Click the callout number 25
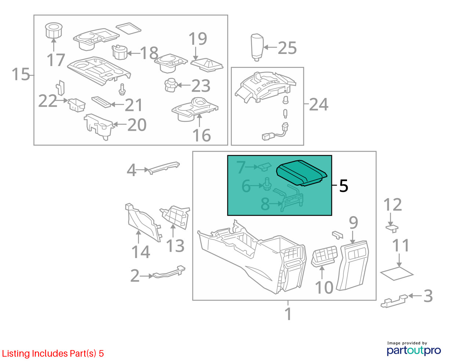tap(287, 48)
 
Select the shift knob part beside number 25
tap(257, 47)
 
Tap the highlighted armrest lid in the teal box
tap(302, 173)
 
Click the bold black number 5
tap(343, 186)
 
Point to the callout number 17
tap(56, 60)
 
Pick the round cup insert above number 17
tap(54, 30)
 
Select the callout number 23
tap(201, 86)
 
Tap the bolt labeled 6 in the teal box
tap(267, 184)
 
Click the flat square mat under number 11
tap(397, 273)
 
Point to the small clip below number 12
tap(392, 229)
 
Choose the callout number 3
tap(428, 296)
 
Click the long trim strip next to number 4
tap(164, 168)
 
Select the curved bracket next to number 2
tap(169, 272)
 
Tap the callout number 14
tap(140, 252)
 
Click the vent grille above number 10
tap(324, 256)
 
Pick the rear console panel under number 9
tap(352, 266)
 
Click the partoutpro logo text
tap(414, 351)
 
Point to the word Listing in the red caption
tap(16, 353)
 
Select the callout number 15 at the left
tap(21, 74)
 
